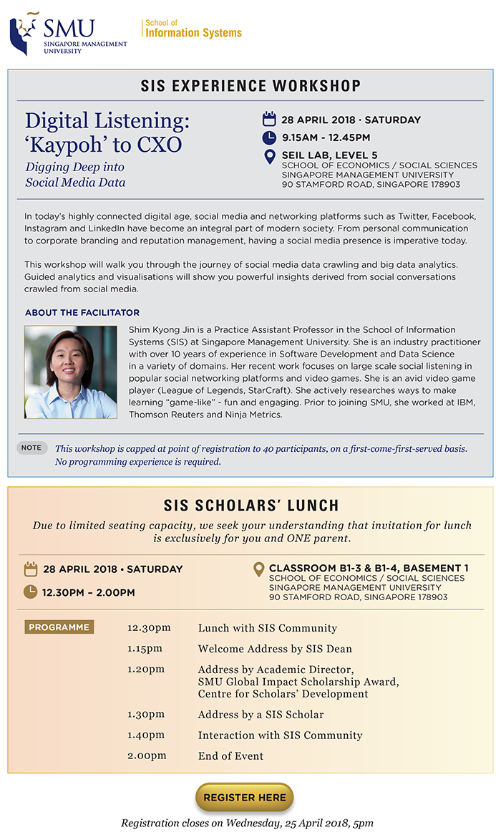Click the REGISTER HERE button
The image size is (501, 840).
244,797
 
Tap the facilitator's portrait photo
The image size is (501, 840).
71,372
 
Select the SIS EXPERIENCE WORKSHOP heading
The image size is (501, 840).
250,86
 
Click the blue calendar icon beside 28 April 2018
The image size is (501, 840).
269,119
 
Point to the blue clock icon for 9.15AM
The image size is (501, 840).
269,137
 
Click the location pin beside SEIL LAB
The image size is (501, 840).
269,156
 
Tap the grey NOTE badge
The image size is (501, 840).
31,448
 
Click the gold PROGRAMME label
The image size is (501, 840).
59,627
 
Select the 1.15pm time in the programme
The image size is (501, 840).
145,649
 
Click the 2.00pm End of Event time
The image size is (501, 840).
147,755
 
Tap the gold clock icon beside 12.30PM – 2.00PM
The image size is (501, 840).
30,592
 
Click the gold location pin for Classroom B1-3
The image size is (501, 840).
258,569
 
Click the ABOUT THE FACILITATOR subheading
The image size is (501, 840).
82,313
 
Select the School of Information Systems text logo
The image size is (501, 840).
193,29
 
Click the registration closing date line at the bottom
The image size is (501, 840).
247,823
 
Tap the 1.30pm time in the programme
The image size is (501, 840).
146,714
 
